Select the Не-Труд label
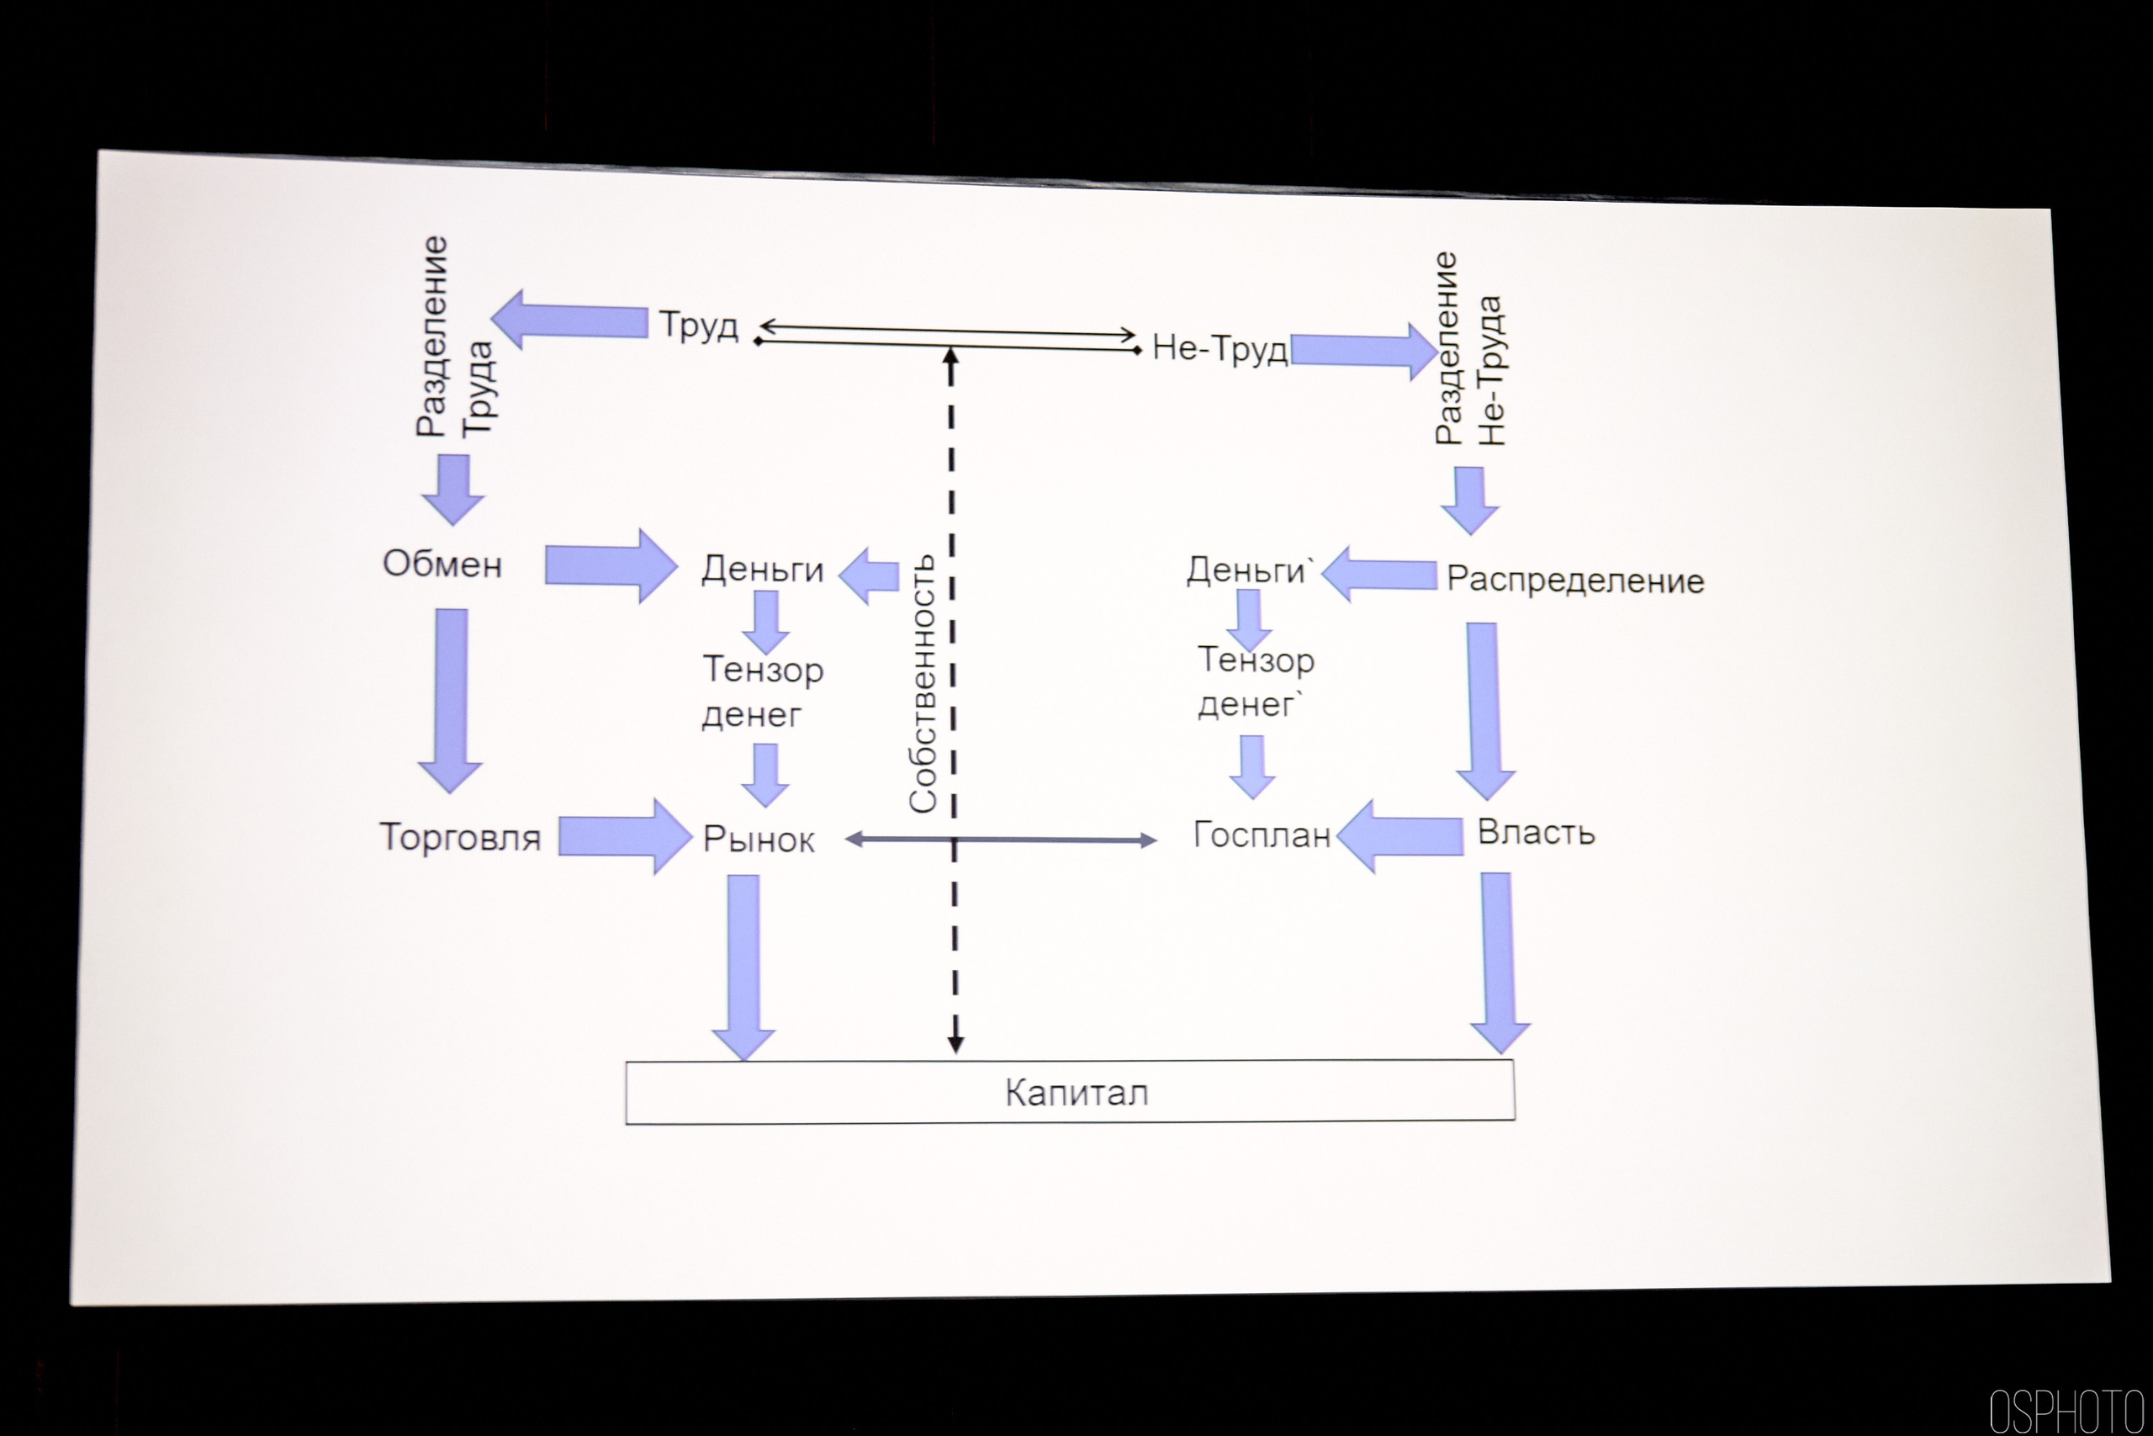[x=1219, y=349]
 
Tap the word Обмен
[x=442, y=564]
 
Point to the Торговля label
[x=460, y=837]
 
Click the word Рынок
[x=758, y=840]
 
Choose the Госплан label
[x=1262, y=835]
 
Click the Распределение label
[x=1574, y=580]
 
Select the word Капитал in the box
[x=1076, y=1093]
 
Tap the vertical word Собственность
[x=923, y=683]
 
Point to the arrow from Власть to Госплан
[x=1400, y=835]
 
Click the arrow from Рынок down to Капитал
[x=743, y=967]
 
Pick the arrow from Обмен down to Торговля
[x=452, y=700]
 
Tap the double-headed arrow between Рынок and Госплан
[x=1001, y=839]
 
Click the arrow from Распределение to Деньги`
[x=1378, y=575]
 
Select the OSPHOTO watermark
[x=2066, y=1411]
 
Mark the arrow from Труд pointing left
[x=569, y=320]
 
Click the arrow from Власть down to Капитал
[x=1498, y=962]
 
